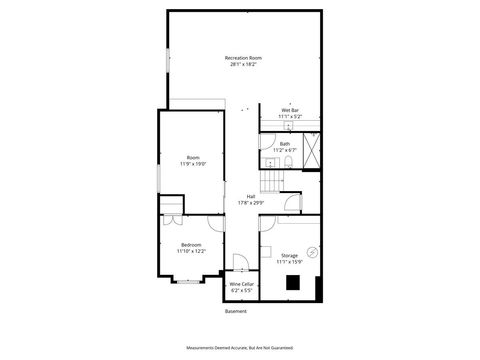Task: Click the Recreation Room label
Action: [x=242, y=58]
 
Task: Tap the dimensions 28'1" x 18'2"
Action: [x=242, y=65]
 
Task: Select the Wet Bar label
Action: [x=289, y=110]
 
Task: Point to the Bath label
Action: [x=285, y=144]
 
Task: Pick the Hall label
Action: [x=251, y=196]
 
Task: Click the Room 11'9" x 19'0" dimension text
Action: [x=193, y=163]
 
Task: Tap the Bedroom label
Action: [x=191, y=245]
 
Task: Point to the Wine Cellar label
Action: [x=241, y=283]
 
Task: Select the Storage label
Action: [x=289, y=255]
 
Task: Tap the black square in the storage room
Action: [x=293, y=282]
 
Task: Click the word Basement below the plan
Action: [x=236, y=311]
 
